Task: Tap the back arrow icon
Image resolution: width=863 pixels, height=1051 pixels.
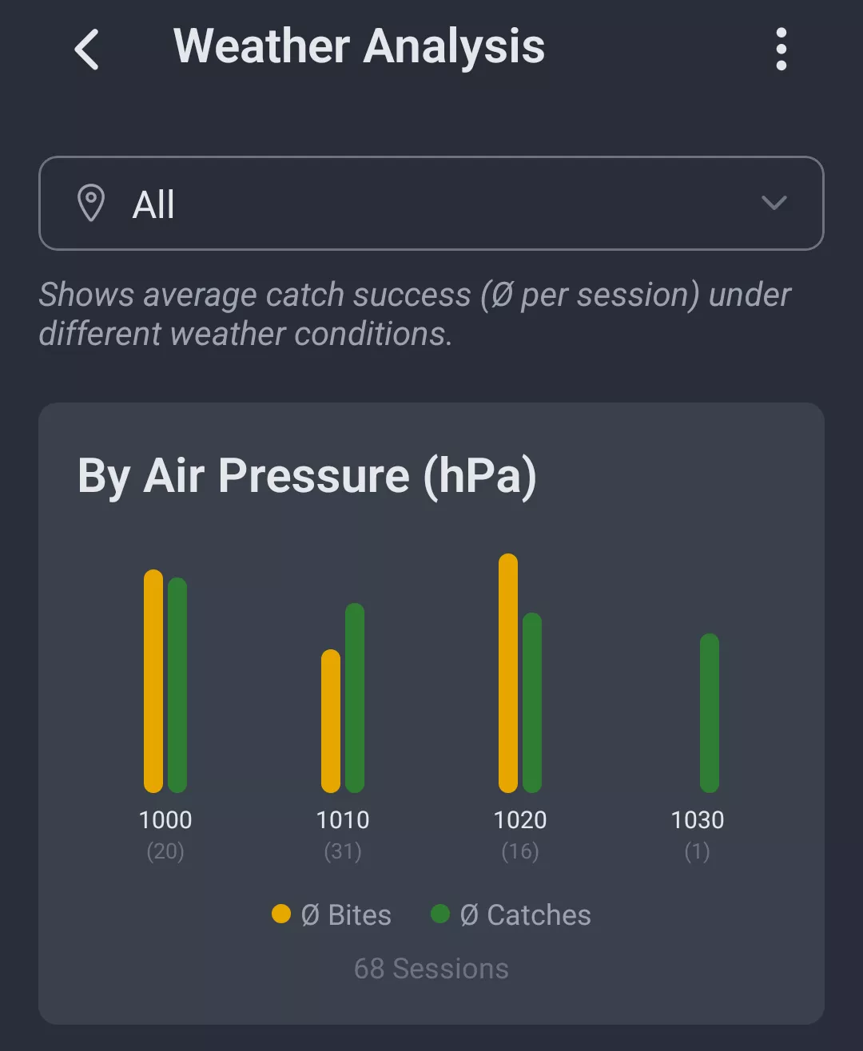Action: click(87, 50)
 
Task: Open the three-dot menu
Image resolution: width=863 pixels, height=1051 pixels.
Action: click(781, 50)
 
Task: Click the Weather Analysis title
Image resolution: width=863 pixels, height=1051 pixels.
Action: click(359, 46)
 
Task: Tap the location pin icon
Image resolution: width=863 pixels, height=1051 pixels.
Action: click(91, 203)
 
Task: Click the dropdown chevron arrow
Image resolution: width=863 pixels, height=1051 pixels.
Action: click(774, 203)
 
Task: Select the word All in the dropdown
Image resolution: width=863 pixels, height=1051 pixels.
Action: click(153, 204)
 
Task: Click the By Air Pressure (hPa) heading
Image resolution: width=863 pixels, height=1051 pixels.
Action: click(307, 477)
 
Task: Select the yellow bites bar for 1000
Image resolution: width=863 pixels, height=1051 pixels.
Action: click(153, 680)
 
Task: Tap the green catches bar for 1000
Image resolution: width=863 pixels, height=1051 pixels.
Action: click(177, 684)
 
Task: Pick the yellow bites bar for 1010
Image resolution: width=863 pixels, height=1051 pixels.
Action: click(331, 720)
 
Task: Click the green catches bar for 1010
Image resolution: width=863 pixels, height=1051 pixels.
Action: click(355, 697)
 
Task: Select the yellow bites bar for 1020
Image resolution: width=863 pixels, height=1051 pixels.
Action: click(508, 672)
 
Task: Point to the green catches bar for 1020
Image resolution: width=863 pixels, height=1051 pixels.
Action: click(532, 702)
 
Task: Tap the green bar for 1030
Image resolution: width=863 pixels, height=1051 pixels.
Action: click(710, 712)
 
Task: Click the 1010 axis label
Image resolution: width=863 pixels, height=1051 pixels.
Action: click(343, 820)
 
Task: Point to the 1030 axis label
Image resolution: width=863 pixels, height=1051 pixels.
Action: click(698, 820)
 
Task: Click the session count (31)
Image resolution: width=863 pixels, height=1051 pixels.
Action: click(343, 852)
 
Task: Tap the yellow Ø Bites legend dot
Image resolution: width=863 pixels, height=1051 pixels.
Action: click(281, 914)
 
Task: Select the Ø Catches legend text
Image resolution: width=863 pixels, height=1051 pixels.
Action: click(526, 915)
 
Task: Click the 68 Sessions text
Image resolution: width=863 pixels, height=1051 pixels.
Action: click(431, 969)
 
